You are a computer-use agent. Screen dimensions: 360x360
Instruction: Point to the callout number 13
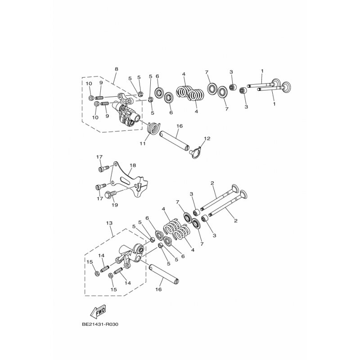tap(109, 223)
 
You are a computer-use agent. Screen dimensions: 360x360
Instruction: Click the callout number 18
tap(133, 166)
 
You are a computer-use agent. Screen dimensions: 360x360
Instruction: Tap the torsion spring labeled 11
tap(153, 129)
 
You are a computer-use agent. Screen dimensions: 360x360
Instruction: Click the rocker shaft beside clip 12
tap(174, 140)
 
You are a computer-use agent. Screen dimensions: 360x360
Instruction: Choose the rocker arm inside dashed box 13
tap(130, 256)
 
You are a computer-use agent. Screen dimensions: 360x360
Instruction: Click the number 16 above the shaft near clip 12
tap(179, 127)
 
